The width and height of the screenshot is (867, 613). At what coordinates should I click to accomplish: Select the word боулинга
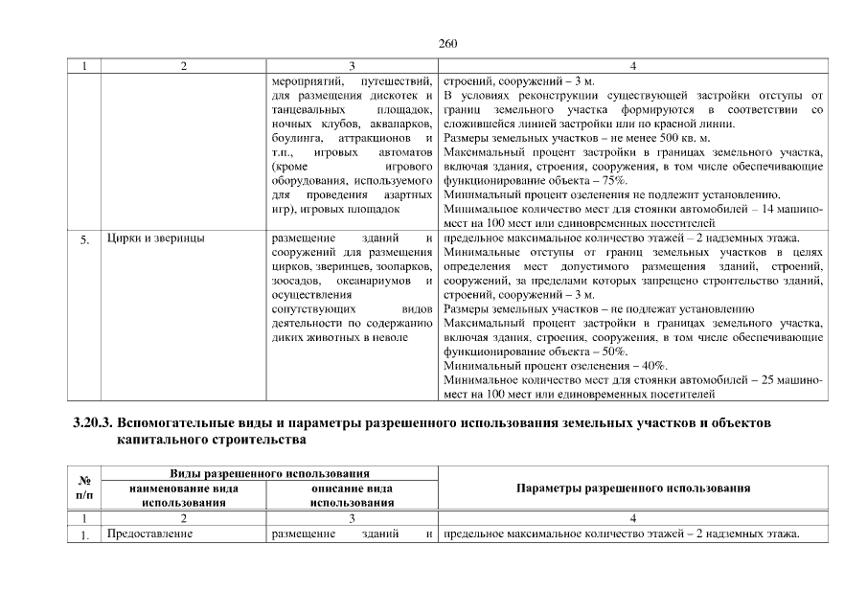[297, 138]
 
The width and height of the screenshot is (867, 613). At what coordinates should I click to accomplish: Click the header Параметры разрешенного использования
[632, 488]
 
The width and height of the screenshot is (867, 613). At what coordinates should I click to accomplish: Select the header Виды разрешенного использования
[270, 474]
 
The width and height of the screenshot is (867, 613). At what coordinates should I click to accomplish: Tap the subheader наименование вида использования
[183, 495]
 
